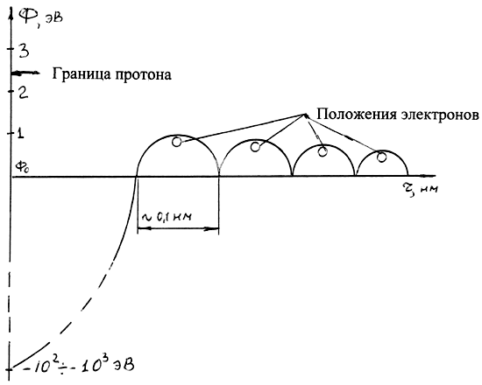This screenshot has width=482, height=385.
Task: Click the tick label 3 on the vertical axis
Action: tap(24, 51)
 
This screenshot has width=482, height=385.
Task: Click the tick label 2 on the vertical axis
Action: tap(23, 92)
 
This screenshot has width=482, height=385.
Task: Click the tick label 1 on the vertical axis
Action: tap(20, 133)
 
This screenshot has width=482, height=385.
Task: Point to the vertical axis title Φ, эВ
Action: tap(40, 16)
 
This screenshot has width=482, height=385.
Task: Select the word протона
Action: tap(143, 75)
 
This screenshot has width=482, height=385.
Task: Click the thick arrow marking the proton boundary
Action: tap(25, 73)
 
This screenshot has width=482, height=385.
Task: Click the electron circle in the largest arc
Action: tap(177, 142)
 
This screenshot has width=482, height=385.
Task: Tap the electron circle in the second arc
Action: tap(255, 147)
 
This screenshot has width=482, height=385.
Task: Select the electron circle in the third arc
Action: tap(323, 151)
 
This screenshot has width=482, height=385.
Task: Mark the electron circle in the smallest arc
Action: tap(381, 157)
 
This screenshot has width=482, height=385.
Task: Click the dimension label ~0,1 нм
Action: tap(167, 217)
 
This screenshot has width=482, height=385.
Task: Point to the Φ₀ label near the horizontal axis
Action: tap(23, 167)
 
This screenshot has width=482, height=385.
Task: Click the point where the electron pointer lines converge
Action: tap(305, 115)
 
